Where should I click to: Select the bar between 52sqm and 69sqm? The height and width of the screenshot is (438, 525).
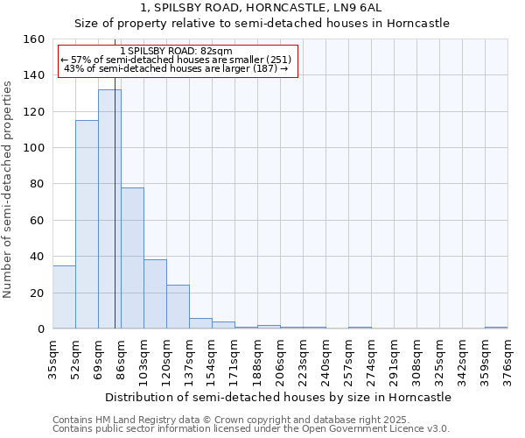pyautogui.click(x=87, y=224)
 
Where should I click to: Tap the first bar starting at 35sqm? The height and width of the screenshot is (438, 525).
pyautogui.click(x=64, y=297)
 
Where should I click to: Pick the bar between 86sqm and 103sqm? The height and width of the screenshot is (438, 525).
pyautogui.click(x=132, y=258)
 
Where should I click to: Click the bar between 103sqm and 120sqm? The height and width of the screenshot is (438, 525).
pyautogui.click(x=155, y=294)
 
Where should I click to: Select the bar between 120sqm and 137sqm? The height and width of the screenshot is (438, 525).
pyautogui.click(x=178, y=307)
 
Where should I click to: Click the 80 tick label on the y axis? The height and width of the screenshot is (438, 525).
pyautogui.click(x=38, y=184)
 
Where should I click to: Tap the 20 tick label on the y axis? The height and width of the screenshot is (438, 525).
pyautogui.click(x=38, y=293)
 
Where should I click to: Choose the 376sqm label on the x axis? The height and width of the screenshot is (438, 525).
pyautogui.click(x=507, y=359)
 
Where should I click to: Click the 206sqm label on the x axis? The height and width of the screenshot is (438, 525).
pyautogui.click(x=280, y=359)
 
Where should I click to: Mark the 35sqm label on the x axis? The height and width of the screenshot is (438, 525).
pyautogui.click(x=52, y=359)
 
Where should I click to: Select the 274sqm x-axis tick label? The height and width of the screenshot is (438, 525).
pyautogui.click(x=371, y=359)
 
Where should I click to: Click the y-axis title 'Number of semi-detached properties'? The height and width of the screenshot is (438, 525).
pyautogui.click(x=8, y=184)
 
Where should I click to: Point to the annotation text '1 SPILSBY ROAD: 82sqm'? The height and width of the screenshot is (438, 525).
pyautogui.click(x=176, y=52)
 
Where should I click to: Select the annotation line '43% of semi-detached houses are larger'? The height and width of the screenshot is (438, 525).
pyautogui.click(x=176, y=68)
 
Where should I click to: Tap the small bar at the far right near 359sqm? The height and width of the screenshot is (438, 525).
pyautogui.click(x=496, y=328)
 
